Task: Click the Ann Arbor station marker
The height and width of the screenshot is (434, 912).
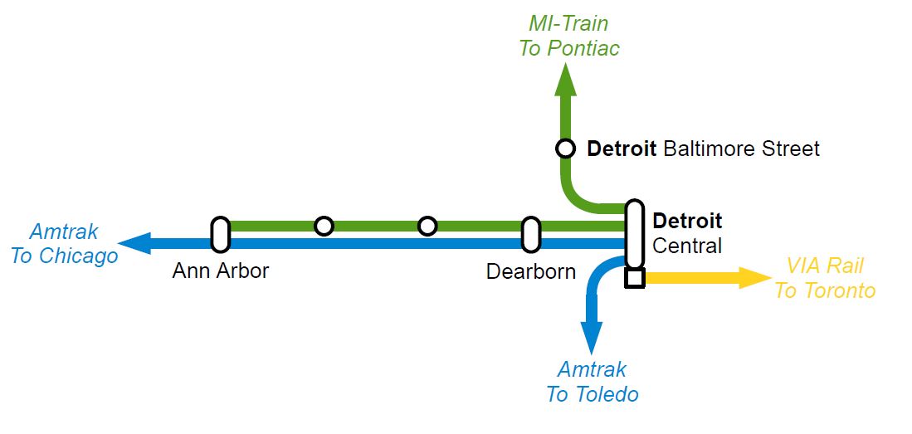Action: click(x=220, y=234)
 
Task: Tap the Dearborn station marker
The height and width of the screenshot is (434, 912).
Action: click(x=530, y=234)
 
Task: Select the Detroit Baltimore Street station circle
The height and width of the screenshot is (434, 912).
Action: click(x=565, y=149)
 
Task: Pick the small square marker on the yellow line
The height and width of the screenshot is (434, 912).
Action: click(x=635, y=278)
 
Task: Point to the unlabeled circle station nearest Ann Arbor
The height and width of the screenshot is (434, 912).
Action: click(x=324, y=226)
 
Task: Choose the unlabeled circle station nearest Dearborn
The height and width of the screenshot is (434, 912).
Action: click(x=427, y=226)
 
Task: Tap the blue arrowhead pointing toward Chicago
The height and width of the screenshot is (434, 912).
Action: click(x=133, y=243)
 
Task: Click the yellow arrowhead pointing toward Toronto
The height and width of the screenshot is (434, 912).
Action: click(x=755, y=278)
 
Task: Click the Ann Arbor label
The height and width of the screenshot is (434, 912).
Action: click(x=221, y=271)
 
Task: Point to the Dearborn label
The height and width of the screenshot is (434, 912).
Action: click(x=531, y=271)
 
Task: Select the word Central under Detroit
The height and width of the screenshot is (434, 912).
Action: click(x=687, y=246)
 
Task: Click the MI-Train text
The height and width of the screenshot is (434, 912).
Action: click(x=568, y=23)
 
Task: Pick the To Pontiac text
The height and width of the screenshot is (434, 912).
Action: click(x=569, y=48)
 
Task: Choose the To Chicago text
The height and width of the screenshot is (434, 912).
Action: click(x=65, y=256)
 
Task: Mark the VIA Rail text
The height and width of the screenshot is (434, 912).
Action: click(x=825, y=266)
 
